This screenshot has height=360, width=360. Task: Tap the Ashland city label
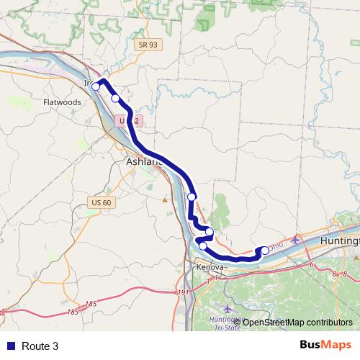[144, 162]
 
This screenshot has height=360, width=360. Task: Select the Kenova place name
[210, 267]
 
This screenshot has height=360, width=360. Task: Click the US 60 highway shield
[101, 202]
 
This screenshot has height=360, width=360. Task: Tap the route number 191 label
[183, 292]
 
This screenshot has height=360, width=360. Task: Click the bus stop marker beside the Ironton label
[96, 86]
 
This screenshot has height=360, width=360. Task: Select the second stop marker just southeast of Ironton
[115, 98]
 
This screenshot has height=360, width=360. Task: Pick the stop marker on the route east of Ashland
[192, 197]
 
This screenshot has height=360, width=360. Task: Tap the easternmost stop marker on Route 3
[264, 251]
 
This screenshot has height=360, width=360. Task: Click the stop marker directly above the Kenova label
[203, 246]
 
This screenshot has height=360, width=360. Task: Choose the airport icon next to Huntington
[296, 239]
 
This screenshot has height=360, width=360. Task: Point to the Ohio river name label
[277, 245]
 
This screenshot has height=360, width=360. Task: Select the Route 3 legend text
[40, 346]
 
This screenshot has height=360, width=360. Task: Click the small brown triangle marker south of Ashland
[165, 199]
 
